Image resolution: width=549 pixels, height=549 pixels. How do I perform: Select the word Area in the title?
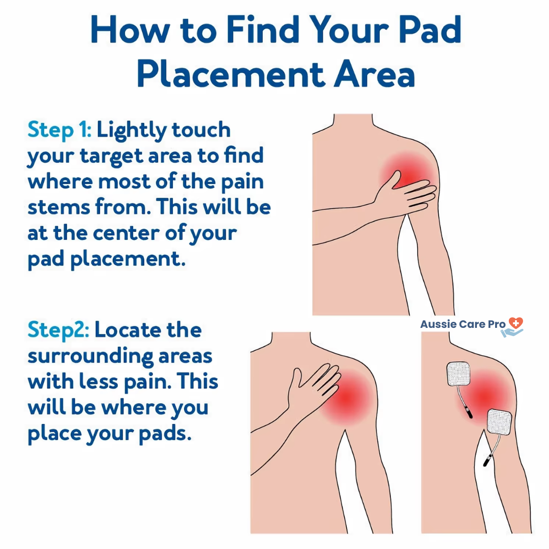[x=374, y=74]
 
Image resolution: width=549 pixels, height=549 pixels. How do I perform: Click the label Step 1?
[x=59, y=130]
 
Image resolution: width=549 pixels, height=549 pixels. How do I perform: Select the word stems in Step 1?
[x=59, y=207]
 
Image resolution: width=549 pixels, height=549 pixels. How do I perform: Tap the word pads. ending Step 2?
[x=165, y=434]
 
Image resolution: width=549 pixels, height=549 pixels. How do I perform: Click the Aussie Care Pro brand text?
[x=463, y=324]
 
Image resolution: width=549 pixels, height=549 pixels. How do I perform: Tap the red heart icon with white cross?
[x=516, y=323]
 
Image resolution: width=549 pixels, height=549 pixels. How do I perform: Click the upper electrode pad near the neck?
[x=459, y=374]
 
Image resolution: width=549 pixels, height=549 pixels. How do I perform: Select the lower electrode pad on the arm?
[x=500, y=422]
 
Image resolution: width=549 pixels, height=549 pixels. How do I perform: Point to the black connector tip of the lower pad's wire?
[x=486, y=461]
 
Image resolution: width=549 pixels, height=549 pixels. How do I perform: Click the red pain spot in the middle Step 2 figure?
[x=347, y=399]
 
